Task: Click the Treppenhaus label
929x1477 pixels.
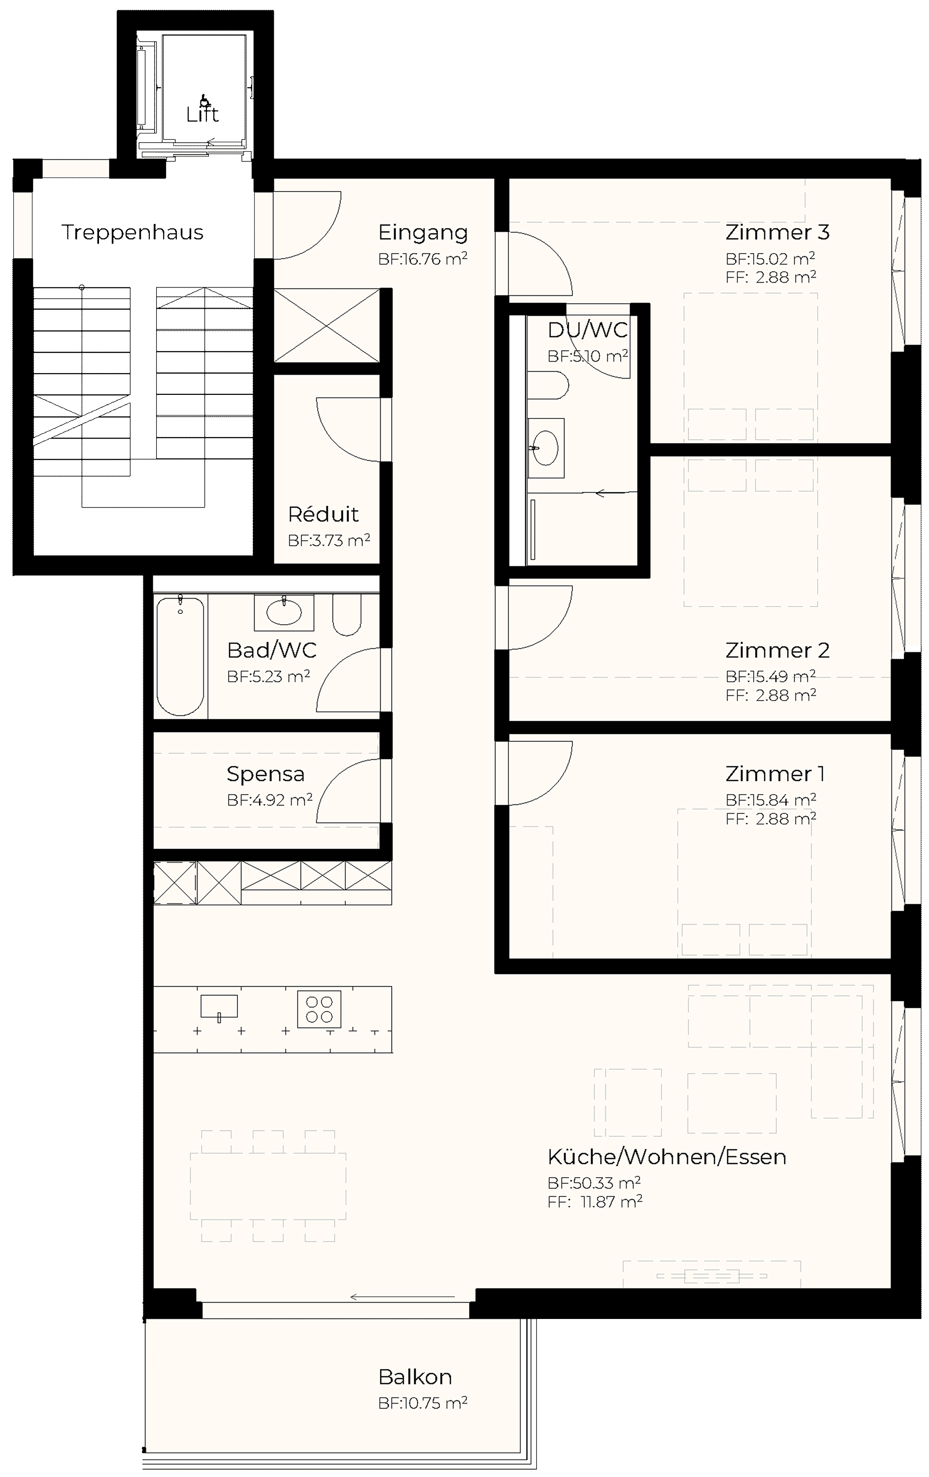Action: click(x=133, y=232)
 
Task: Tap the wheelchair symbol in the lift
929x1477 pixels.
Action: click(x=204, y=100)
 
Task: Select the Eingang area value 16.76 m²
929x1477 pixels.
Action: click(x=423, y=259)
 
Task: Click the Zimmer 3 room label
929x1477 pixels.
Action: click(x=777, y=232)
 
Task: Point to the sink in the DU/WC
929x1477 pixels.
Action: click(x=545, y=448)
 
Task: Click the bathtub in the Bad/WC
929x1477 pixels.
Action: click(x=180, y=656)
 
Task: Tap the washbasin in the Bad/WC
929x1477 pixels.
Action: click(x=284, y=611)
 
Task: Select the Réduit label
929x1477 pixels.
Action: click(x=323, y=514)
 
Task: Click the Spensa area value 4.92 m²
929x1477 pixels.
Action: click(x=270, y=800)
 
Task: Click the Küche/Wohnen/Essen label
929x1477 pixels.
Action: click(x=667, y=1157)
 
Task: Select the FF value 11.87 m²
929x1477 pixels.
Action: click(x=595, y=1202)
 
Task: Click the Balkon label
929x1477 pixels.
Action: click(x=415, y=1377)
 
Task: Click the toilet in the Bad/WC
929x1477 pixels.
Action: click(x=347, y=614)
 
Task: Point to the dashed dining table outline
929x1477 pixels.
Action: click(x=268, y=1186)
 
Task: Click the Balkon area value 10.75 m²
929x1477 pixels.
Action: click(x=423, y=1403)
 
